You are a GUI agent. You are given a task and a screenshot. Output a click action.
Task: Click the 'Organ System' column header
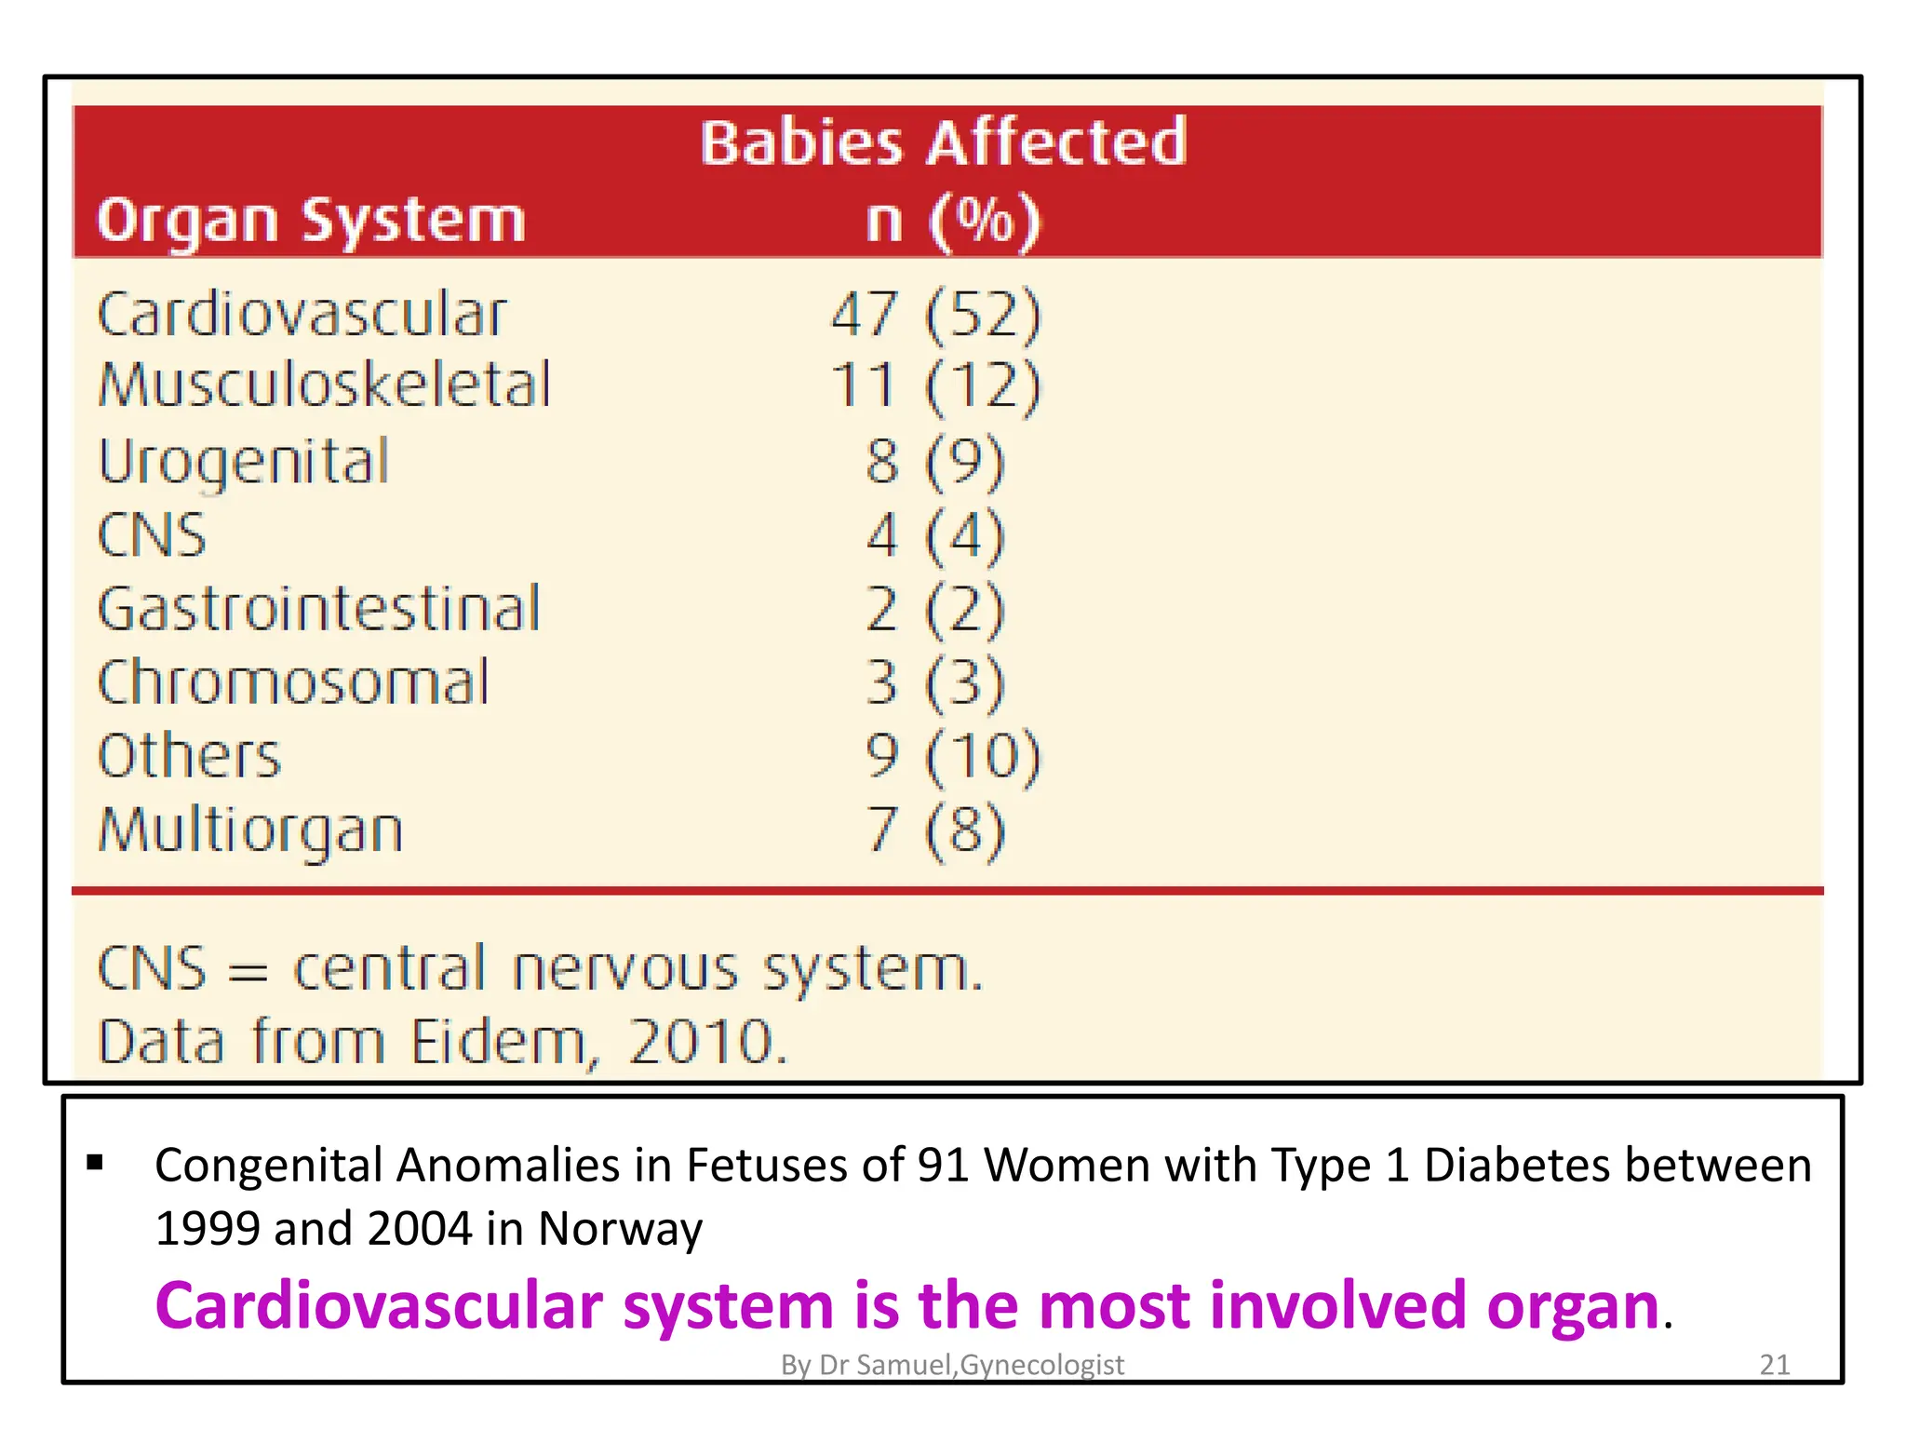tap(311, 222)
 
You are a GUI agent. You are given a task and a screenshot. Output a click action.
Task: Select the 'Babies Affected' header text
tap(943, 143)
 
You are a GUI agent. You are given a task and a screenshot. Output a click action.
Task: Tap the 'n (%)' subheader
tap(952, 222)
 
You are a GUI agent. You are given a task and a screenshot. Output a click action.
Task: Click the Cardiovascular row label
tap(302, 315)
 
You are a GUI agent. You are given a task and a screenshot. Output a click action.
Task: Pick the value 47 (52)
tap(935, 315)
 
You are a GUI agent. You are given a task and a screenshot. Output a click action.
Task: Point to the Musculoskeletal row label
tap(325, 385)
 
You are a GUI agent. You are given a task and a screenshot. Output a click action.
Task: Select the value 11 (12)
tap(935, 385)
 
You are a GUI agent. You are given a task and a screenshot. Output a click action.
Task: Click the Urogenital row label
tap(244, 462)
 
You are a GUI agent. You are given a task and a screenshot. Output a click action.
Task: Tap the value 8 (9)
tap(935, 462)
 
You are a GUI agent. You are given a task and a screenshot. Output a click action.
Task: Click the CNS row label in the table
tap(152, 535)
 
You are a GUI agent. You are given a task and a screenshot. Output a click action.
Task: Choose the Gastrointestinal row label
tap(319, 609)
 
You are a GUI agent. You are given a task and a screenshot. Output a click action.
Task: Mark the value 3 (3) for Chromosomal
tap(935, 682)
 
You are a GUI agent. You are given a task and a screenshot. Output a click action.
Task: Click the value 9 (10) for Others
tap(952, 755)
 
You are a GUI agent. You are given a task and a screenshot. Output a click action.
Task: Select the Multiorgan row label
tap(250, 830)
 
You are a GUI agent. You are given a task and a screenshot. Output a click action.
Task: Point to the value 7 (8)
tap(935, 830)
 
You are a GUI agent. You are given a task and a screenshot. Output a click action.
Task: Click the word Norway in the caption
tap(620, 1229)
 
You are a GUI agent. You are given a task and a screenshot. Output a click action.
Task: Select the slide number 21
tap(1775, 1365)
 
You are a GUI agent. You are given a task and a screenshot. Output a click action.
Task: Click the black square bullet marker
tap(95, 1162)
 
